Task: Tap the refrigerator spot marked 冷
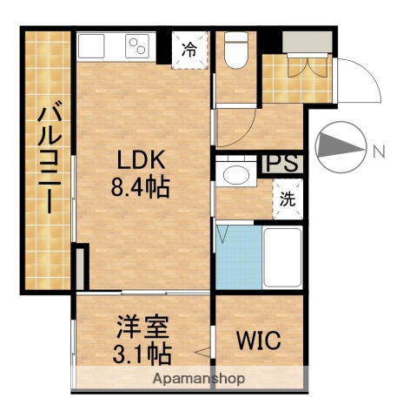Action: point(189,49)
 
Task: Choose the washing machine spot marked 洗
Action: point(287,199)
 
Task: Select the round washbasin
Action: point(233,175)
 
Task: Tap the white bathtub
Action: point(282,258)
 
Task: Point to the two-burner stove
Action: point(137,45)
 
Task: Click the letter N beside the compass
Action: point(379,152)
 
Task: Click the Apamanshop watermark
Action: point(198,379)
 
